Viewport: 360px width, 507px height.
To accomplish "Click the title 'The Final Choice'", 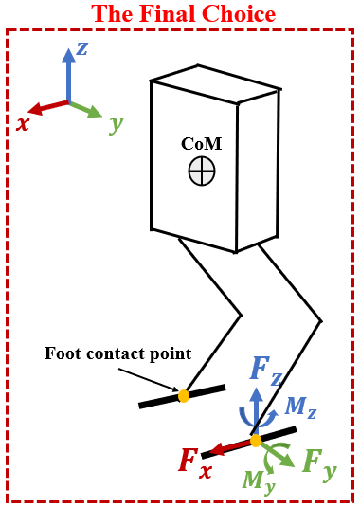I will coord(183,14).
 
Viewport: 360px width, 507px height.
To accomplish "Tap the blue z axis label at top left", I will coord(82,47).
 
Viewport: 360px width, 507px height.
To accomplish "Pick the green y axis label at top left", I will coord(116,123).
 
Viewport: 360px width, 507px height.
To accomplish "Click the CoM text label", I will coord(200,143).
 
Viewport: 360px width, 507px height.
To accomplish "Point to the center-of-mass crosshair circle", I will coord(202,172).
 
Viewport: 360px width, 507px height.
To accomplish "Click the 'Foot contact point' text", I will coord(117,353).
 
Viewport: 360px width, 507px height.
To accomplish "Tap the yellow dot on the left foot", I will coord(184,396).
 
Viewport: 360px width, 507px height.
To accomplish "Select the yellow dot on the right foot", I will coord(255,441).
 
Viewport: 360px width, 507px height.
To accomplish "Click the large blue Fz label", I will coord(265,370).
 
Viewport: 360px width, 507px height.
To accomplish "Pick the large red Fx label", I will coord(194,462).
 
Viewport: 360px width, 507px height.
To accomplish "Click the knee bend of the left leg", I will coord(242,315).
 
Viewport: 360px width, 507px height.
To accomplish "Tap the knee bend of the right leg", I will coord(320,321).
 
